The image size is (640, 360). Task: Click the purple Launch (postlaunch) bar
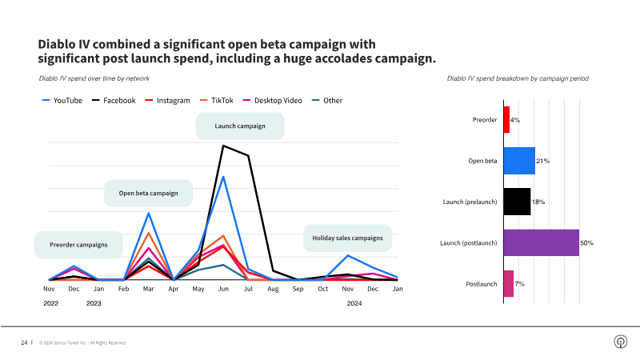coord(541,242)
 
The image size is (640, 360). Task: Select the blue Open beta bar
coord(519,161)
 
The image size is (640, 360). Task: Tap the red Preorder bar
coord(506,120)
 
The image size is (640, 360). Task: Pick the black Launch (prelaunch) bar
coord(517,202)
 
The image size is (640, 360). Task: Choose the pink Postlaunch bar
coord(508,284)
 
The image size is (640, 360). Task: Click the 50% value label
coord(587,242)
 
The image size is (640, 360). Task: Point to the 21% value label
coord(542,161)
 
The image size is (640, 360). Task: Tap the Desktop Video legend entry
coord(276,101)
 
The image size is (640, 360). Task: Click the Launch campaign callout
coord(240,126)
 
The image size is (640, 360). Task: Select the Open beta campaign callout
coord(148,193)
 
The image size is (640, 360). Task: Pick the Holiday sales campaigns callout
coord(347,238)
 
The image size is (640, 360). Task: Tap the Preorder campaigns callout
coord(78,245)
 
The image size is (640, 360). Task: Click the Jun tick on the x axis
coord(222,288)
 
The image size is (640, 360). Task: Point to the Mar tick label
coord(148,288)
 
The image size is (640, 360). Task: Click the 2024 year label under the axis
coord(354,303)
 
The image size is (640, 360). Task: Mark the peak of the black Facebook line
coord(222,146)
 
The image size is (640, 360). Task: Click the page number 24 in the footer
coord(24,342)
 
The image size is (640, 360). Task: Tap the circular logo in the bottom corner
coord(619,342)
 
